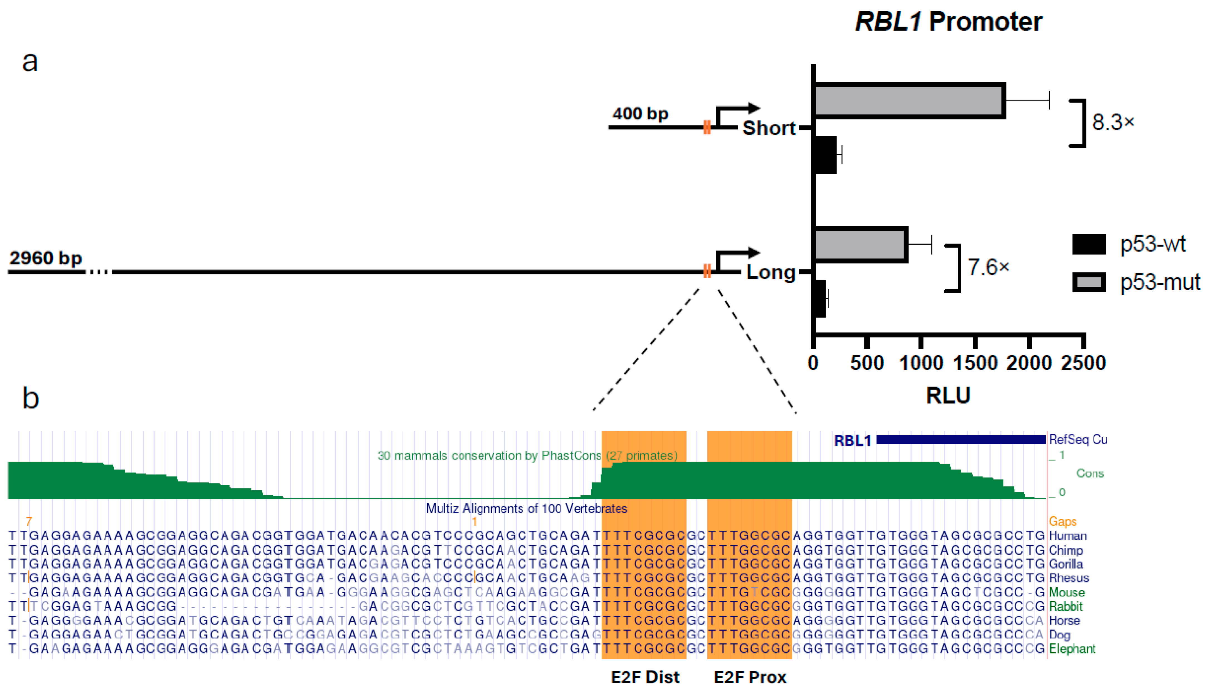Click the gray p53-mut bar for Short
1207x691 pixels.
(909, 101)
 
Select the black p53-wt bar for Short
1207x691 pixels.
(825, 155)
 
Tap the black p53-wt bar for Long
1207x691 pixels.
(820, 299)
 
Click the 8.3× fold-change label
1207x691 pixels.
(1113, 122)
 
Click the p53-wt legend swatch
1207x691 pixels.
(1089, 244)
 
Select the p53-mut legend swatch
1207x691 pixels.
(1089, 282)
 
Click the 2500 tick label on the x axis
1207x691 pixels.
(1084, 363)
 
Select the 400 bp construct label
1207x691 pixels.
(640, 114)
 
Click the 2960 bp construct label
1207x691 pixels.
(46, 258)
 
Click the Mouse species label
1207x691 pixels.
(1066, 592)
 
